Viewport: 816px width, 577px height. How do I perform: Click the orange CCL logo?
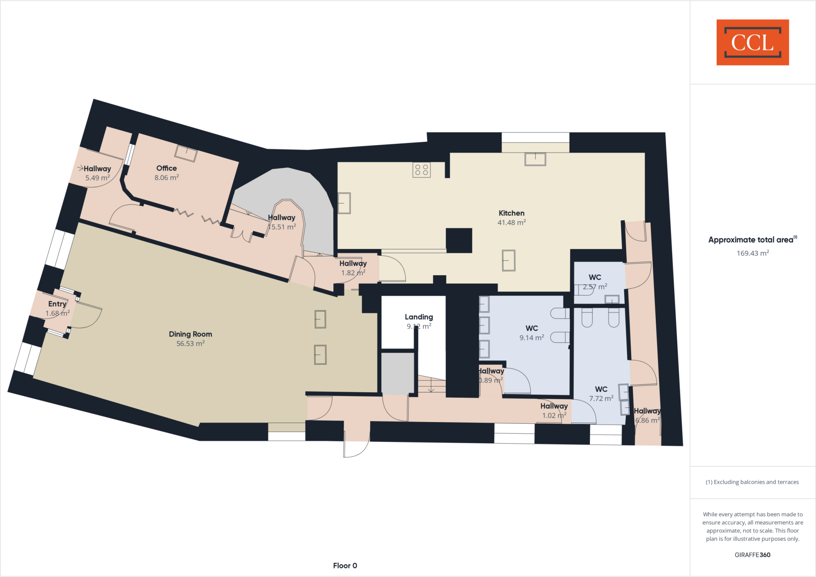click(x=752, y=42)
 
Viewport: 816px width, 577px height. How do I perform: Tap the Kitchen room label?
click(x=512, y=213)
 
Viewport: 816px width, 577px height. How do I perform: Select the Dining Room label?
click(x=190, y=334)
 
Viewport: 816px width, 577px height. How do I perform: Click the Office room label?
click(x=167, y=168)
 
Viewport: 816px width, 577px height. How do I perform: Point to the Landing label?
click(x=419, y=317)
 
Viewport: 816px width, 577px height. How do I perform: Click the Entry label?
click(x=57, y=304)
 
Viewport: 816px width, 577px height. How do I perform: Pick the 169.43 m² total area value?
click(x=753, y=253)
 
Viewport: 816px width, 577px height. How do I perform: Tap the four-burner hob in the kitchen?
click(x=422, y=170)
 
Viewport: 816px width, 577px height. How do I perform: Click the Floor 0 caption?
click(x=345, y=565)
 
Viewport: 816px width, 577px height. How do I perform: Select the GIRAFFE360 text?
click(x=752, y=555)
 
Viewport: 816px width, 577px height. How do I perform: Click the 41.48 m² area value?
click(x=512, y=223)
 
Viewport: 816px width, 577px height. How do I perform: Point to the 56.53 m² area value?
click(x=190, y=344)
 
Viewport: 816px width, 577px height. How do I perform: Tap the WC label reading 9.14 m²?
click(x=532, y=328)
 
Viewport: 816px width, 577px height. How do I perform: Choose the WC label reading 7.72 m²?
click(x=601, y=389)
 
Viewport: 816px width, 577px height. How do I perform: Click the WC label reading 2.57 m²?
click(x=595, y=277)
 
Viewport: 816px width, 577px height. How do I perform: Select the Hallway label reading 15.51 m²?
click(x=282, y=218)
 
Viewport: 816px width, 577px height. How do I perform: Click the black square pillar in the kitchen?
click(x=459, y=240)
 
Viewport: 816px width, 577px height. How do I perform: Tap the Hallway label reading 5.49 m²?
click(x=97, y=169)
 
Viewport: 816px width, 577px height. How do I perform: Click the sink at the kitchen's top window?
click(x=535, y=159)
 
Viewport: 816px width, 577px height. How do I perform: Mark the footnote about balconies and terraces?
click(x=752, y=482)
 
